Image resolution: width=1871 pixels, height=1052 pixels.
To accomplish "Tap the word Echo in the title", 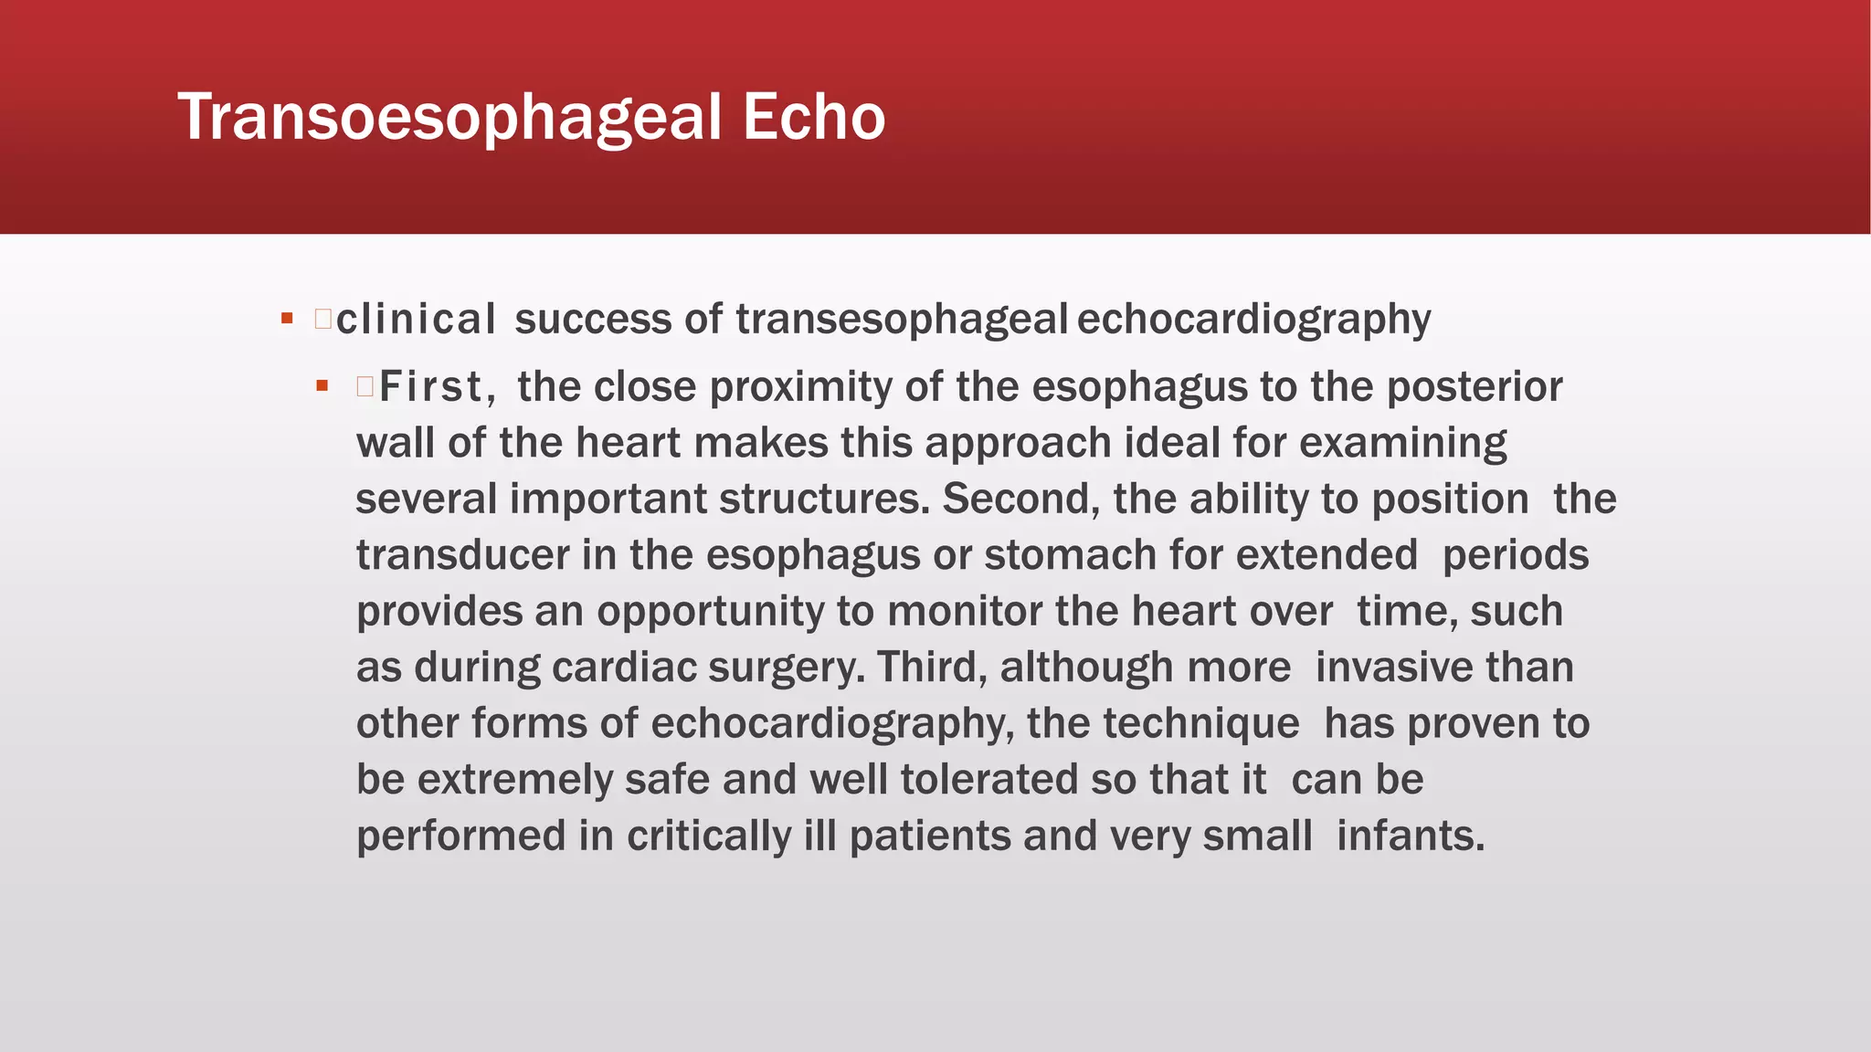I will point(813,118).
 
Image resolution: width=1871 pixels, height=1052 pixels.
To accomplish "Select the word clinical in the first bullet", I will point(416,320).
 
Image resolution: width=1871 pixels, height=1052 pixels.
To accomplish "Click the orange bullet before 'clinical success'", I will point(287,319).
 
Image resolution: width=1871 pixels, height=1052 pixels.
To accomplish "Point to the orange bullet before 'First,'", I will point(322,386).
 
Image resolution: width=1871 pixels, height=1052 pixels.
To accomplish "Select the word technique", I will point(1201,724).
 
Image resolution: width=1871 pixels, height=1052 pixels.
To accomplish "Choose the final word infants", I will point(1411,836).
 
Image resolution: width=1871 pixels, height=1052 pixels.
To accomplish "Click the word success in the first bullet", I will point(593,320).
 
